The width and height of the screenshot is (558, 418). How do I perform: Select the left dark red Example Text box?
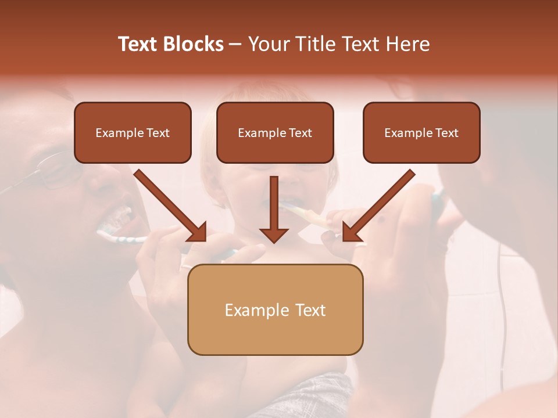(133, 132)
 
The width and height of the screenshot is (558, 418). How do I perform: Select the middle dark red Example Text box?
(275, 132)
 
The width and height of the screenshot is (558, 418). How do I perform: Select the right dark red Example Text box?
(421, 132)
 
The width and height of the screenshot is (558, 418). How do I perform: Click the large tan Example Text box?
(275, 309)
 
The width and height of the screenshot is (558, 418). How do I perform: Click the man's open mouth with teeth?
(116, 221)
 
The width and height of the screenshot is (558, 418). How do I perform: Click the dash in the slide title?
(235, 45)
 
